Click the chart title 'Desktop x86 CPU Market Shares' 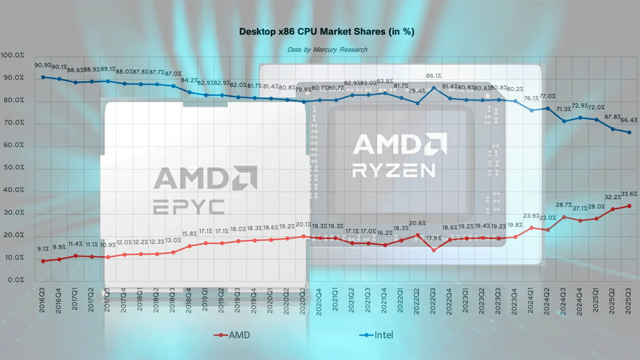(327, 32)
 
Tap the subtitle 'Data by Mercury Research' (327, 50)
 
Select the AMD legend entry (232, 335)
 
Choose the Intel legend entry (377, 335)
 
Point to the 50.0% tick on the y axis (14, 167)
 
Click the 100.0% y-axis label (13, 55)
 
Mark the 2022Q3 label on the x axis (433, 301)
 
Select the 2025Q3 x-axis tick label (628, 301)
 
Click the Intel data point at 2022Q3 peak (434, 88)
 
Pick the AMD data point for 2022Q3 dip (434, 250)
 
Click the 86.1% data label (434, 76)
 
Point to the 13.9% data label (434, 238)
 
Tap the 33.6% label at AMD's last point (629, 194)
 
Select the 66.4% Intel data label (629, 120)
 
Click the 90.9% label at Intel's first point (43, 65)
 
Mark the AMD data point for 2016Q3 (43, 261)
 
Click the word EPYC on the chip (189, 207)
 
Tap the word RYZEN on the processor (394, 170)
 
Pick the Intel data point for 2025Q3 (629, 132)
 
